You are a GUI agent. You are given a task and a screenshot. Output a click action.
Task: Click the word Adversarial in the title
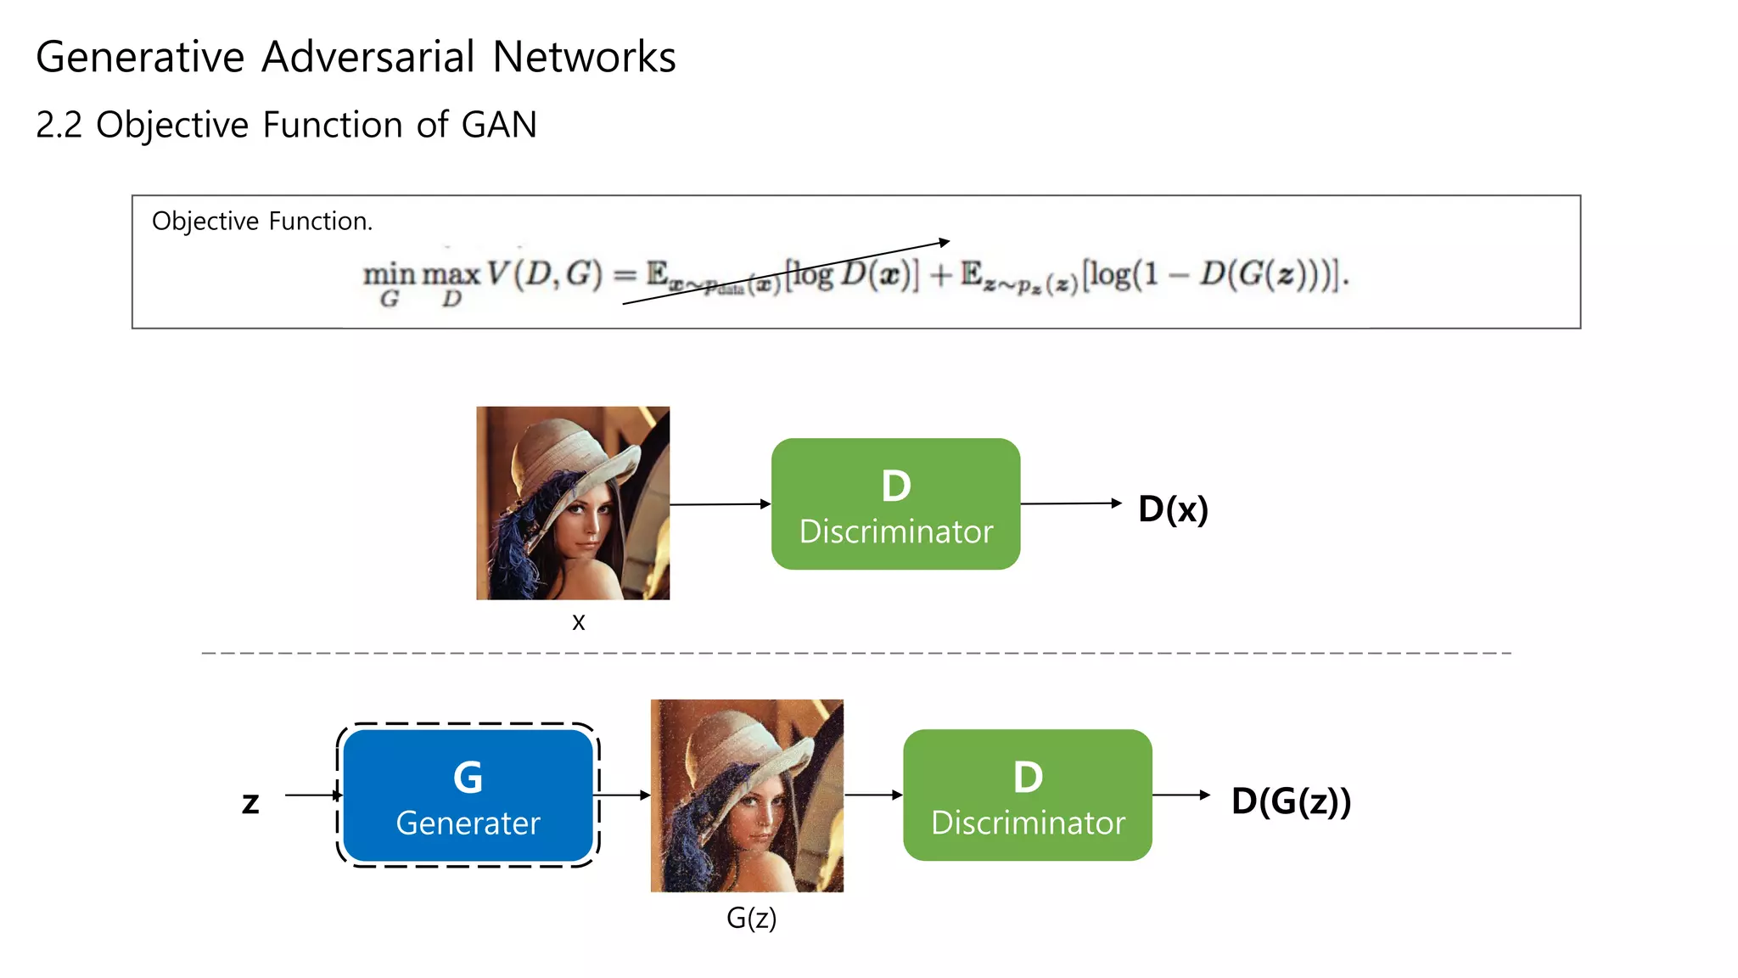(x=367, y=58)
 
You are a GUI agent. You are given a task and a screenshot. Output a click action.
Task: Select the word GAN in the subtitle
(x=499, y=125)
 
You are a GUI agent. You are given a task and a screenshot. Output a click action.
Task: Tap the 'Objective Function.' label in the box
(x=261, y=221)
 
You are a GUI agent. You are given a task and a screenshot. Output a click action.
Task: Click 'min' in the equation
(x=389, y=275)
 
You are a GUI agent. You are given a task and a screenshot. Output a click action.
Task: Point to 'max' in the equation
(x=451, y=275)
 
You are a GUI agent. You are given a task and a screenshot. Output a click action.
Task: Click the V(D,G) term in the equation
(x=544, y=274)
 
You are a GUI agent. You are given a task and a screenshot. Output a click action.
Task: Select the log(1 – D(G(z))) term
(x=1214, y=274)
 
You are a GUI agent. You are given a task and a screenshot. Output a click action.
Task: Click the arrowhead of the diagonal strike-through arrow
(x=945, y=243)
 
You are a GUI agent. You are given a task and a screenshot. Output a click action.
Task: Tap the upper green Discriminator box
(x=895, y=504)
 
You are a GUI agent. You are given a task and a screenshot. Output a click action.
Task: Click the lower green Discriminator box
(x=1027, y=795)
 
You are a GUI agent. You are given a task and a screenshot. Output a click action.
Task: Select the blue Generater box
(x=468, y=795)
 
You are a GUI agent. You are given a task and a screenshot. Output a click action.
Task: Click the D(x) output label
(x=1173, y=509)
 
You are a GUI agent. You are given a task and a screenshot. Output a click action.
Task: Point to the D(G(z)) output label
(x=1290, y=801)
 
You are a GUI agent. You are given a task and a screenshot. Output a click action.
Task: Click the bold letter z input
(x=250, y=802)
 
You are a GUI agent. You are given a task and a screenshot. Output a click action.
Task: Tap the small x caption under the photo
(x=578, y=622)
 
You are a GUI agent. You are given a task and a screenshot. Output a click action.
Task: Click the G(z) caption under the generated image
(x=751, y=918)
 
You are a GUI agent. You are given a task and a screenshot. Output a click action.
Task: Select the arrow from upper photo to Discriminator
(x=720, y=504)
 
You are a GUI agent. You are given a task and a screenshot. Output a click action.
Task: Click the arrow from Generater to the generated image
(x=624, y=795)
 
